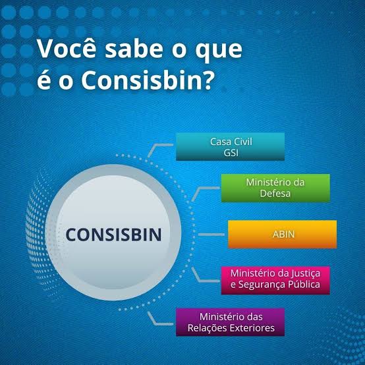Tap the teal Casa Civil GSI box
coord(230,146)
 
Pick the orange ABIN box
coord(282,234)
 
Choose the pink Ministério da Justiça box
coord(275,279)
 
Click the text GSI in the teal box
coord(230,152)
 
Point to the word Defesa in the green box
coord(275,194)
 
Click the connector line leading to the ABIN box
coord(210,235)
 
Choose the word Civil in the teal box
coord(242,141)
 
